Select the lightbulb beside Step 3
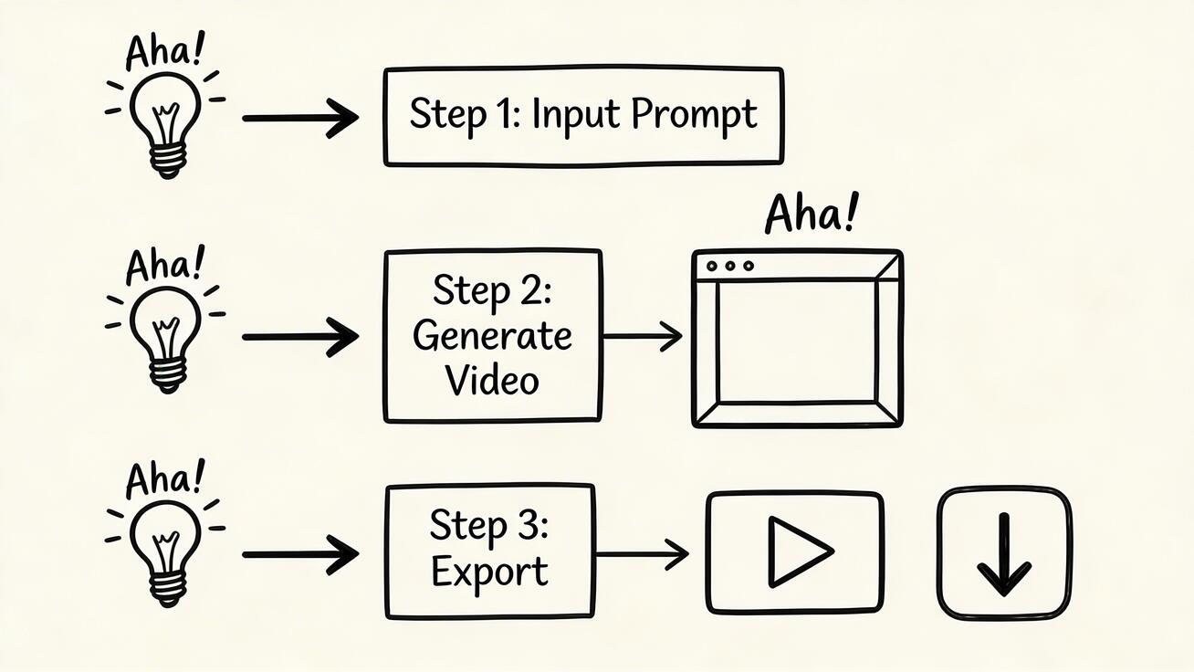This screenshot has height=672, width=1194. [x=166, y=553]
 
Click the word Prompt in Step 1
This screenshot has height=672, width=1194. [x=694, y=116]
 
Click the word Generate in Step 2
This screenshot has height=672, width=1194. [x=493, y=337]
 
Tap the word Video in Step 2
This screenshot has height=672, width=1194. [x=493, y=380]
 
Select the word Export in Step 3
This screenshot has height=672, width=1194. [x=489, y=572]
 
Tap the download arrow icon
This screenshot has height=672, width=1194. [x=1004, y=554]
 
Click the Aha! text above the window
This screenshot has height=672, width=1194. [x=812, y=214]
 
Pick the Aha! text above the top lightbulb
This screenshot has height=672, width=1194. [x=164, y=50]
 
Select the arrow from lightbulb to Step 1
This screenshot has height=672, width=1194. [x=300, y=118]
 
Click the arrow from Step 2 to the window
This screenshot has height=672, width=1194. [x=643, y=337]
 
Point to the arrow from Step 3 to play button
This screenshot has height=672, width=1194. [x=642, y=554]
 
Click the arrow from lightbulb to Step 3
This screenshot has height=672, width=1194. [x=300, y=554]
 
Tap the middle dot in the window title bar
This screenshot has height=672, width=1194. [x=730, y=266]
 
